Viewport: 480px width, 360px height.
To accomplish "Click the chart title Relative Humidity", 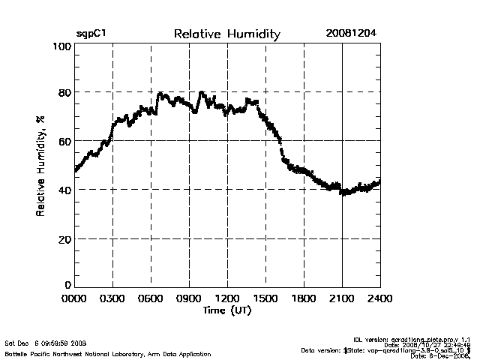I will pos(226,34).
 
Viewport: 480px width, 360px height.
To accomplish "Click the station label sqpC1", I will pos(91,34).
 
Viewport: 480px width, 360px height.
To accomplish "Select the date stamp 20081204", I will pos(352,34).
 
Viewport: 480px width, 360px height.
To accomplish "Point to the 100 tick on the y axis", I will pos(62,46).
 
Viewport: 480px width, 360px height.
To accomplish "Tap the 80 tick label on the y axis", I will pos(64,93).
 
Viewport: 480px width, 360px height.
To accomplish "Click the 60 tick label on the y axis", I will pos(64,141).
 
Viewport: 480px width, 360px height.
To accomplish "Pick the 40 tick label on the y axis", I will pos(64,190).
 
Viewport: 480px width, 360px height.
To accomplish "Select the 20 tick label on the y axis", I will pos(64,238).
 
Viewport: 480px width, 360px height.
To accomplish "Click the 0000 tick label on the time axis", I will pos(75,299).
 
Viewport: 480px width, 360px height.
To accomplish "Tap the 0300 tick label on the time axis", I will pos(112,299).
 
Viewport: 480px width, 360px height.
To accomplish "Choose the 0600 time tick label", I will pos(151,299).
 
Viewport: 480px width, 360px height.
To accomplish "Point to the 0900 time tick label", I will pos(189,299).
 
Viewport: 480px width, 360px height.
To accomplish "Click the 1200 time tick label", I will pos(227,299).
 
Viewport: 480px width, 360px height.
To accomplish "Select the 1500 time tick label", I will pos(265,299).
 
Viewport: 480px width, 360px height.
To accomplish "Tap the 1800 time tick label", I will pos(304,299).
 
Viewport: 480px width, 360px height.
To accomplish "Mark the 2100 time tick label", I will pos(342,299).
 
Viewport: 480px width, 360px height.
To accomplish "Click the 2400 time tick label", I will pos(379,299).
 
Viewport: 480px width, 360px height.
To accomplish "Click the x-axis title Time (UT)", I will pos(227,310).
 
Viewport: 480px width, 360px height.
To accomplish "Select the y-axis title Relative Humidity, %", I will pos(40,167).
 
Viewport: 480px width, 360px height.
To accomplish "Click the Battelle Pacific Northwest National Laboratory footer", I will pos(108,353).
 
